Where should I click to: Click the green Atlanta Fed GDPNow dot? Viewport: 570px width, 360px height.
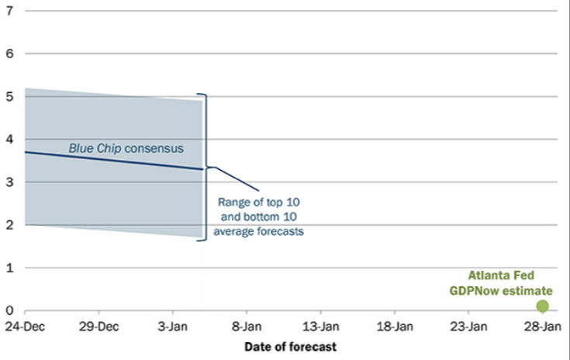[x=542, y=306]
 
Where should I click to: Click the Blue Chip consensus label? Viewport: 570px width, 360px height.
[x=125, y=147]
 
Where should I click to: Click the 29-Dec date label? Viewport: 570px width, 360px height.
[x=98, y=327]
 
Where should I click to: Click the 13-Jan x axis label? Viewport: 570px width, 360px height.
[x=320, y=327]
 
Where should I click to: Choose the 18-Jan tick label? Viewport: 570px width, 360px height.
[x=394, y=327]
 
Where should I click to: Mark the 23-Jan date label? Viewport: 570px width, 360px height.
[x=468, y=327]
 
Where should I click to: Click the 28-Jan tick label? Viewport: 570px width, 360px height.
[x=541, y=327]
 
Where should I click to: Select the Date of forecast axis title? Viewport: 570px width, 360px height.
[x=290, y=347]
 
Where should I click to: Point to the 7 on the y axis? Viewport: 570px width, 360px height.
[x=9, y=12]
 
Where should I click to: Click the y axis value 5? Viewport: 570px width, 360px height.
[x=9, y=97]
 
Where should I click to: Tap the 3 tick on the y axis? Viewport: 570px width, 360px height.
[x=9, y=182]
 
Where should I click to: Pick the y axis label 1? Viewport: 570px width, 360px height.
[x=9, y=268]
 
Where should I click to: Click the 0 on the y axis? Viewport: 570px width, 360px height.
[x=9, y=310]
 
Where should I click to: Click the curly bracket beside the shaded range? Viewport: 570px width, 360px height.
[x=206, y=167]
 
